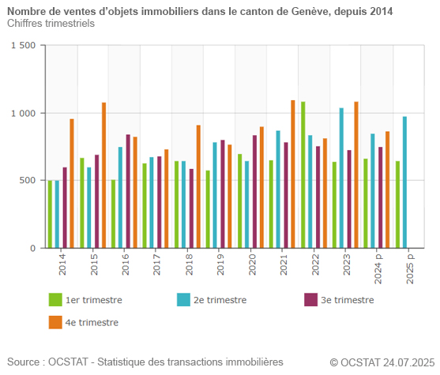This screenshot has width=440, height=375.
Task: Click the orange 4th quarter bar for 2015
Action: tap(103, 175)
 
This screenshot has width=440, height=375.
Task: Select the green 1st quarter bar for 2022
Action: tap(303, 174)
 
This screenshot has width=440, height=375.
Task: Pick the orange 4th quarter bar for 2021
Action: tap(293, 174)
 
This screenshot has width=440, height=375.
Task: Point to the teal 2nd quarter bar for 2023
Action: tap(342, 178)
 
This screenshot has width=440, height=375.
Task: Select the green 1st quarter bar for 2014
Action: tap(50, 214)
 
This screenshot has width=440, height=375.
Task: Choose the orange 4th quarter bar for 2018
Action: tap(198, 186)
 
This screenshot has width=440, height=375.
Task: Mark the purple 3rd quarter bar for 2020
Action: tap(254, 191)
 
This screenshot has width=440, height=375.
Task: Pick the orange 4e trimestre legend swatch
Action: tap(55, 322)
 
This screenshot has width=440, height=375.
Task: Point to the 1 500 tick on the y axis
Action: tap(23, 46)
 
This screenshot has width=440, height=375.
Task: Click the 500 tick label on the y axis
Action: tap(28, 181)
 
